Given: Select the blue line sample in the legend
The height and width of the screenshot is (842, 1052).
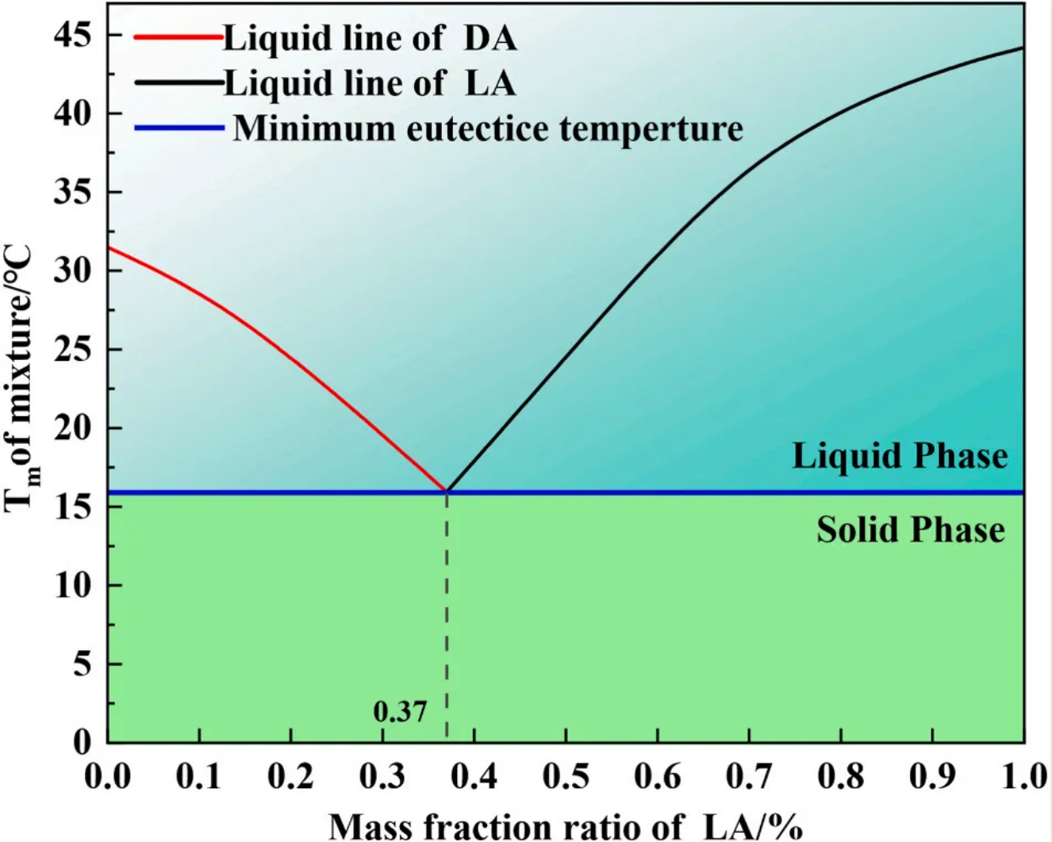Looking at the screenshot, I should point(179,128).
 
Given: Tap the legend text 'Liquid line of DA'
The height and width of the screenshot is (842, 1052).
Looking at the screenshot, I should point(370,38).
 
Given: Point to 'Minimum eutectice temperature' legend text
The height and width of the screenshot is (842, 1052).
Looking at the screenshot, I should point(488,128).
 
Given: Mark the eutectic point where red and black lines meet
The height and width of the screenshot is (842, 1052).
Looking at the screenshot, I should point(447,492).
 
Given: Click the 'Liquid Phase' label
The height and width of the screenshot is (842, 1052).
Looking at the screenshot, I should point(900,456).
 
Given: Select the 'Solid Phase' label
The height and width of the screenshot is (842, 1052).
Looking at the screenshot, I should point(911,530).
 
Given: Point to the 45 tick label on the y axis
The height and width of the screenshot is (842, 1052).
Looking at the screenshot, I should point(73,35).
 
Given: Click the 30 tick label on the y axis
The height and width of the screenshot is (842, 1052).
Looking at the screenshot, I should point(73,270).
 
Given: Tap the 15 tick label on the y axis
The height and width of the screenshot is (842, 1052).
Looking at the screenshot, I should point(73,507).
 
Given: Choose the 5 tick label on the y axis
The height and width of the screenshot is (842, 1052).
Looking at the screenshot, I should point(83,664).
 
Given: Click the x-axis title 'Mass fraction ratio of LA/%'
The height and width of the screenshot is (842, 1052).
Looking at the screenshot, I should point(565,826).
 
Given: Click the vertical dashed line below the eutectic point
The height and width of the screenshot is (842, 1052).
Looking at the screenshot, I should point(447,618).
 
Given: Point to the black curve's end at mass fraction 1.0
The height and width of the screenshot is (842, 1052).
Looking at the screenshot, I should point(1022,48).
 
